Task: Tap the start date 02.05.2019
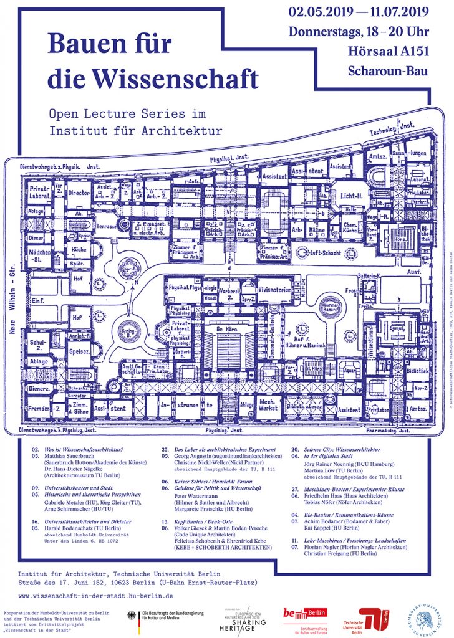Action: (x=319, y=12)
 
